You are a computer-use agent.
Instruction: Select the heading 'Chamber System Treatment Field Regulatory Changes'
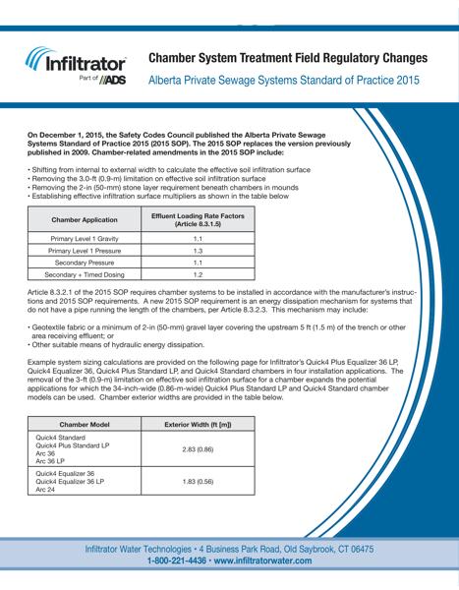287,57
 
